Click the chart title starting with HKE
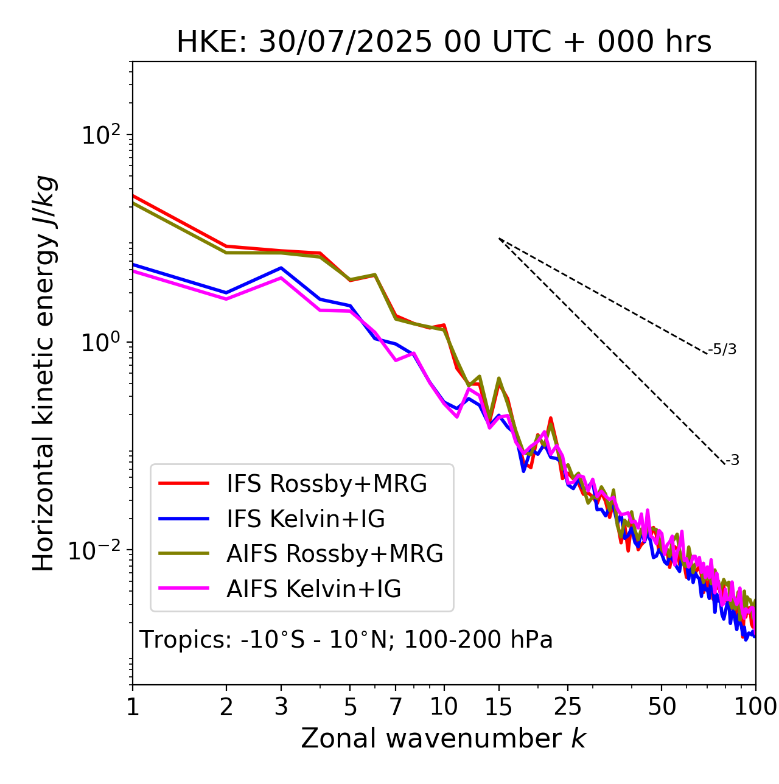tap(444, 43)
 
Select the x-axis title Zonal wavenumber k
tap(443, 738)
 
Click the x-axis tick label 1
tap(133, 707)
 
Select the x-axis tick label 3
tap(281, 707)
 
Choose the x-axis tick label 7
tap(396, 707)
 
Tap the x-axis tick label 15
tap(499, 707)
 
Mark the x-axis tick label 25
tap(568, 707)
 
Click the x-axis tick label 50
tap(662, 707)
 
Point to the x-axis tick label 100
tap(755, 707)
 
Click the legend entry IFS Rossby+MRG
tap(326, 484)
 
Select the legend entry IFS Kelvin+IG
tap(306, 519)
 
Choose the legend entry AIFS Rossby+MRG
tap(335, 554)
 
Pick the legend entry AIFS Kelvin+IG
tap(313, 589)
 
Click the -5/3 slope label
tap(722, 349)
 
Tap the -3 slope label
tap(732, 460)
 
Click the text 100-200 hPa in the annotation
tap(478, 640)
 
